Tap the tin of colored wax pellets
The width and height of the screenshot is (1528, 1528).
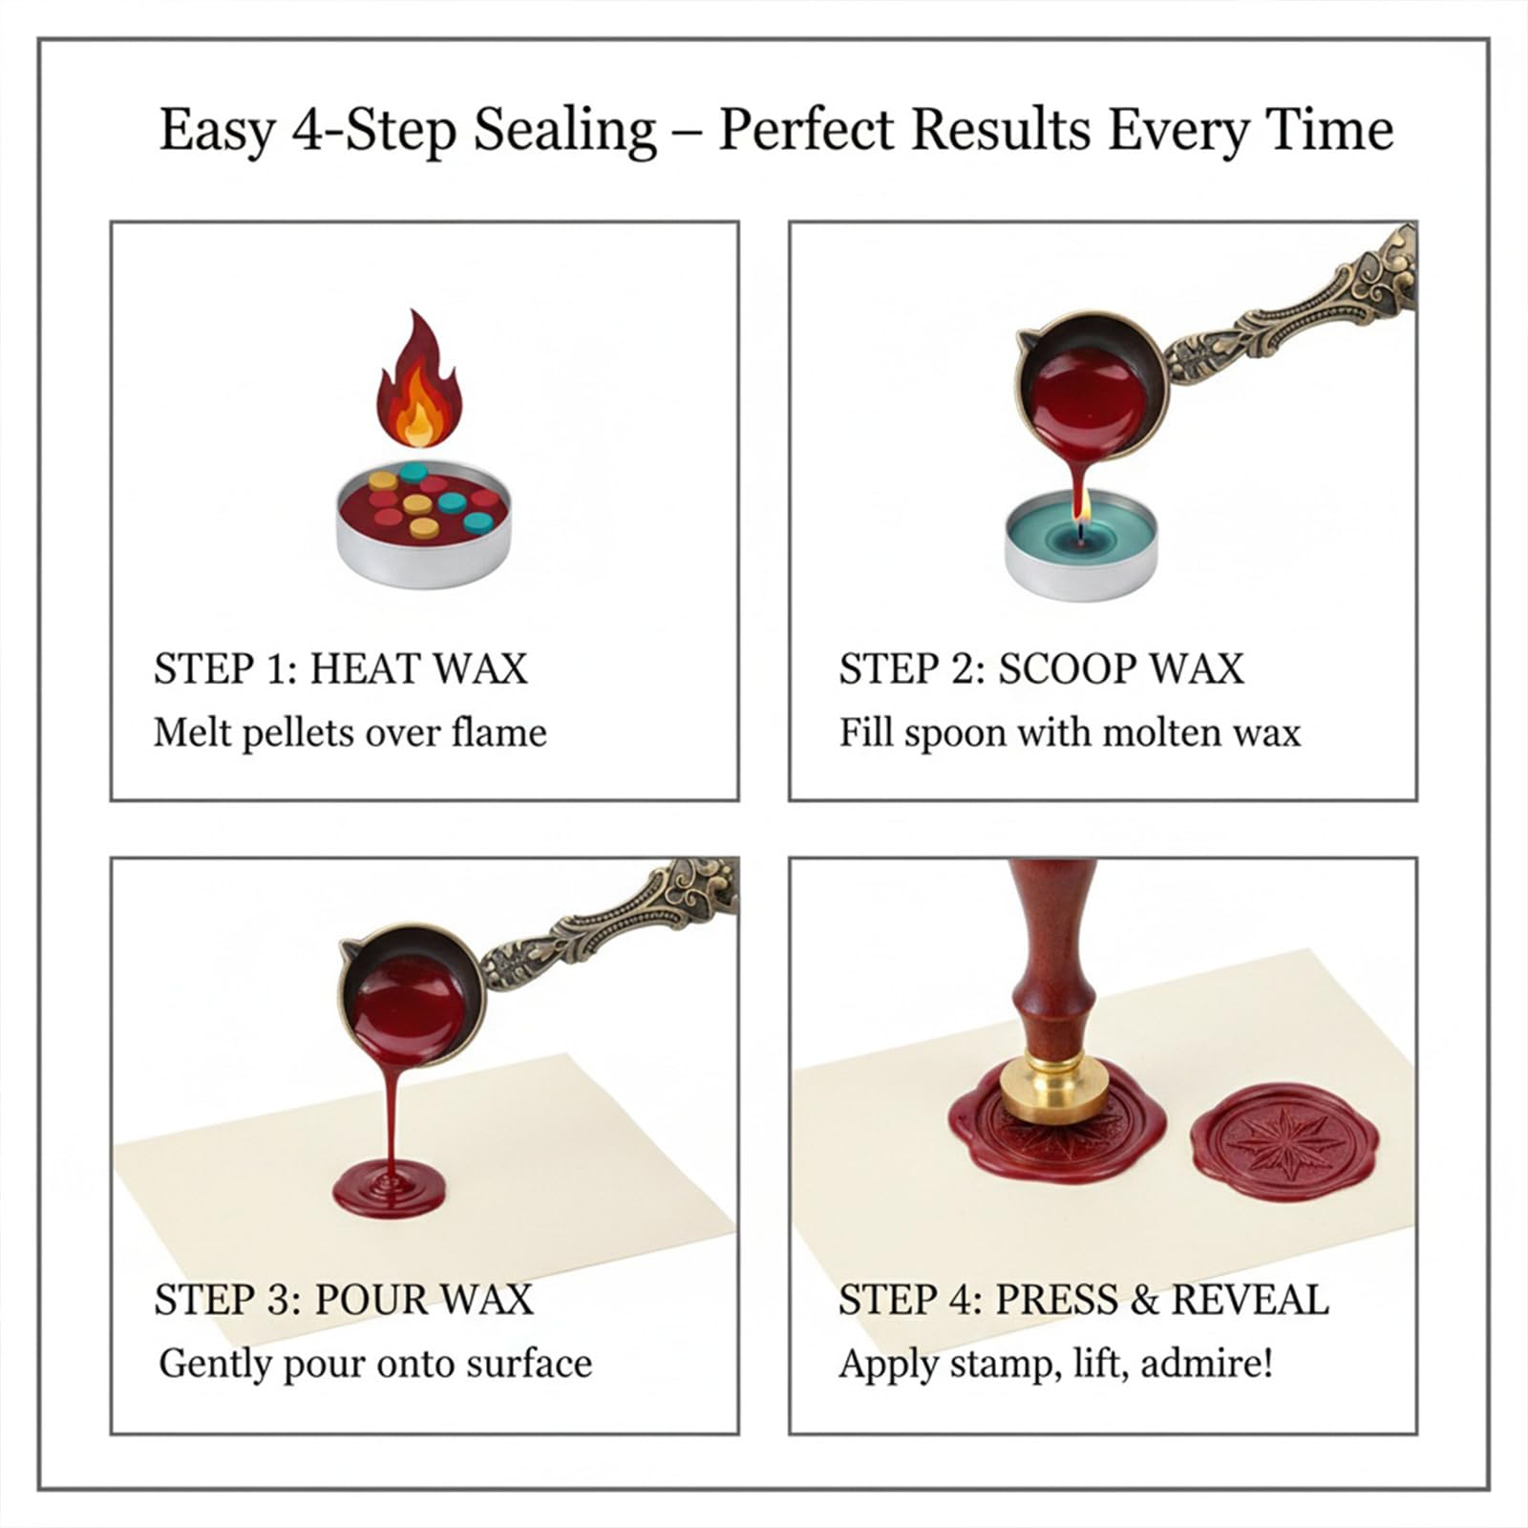(x=423, y=523)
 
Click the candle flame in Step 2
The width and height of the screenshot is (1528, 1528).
(x=1080, y=525)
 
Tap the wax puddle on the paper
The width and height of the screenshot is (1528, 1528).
(x=389, y=1189)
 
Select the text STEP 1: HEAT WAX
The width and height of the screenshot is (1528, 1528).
(x=341, y=668)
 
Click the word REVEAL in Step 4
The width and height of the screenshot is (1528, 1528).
(x=1250, y=1300)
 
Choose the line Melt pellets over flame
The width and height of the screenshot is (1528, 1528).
(x=350, y=732)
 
